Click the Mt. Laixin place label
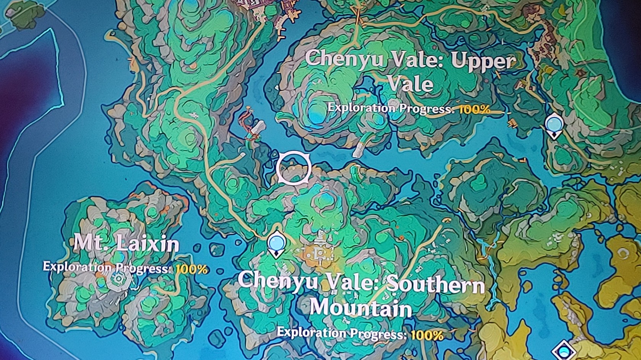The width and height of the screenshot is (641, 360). pos(126,243)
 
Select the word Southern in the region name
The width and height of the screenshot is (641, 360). pos(435,284)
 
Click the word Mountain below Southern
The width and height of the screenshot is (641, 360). pos(361,307)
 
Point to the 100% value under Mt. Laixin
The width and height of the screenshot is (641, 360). pos(192,269)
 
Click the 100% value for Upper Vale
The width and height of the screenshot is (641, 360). pos(474,109)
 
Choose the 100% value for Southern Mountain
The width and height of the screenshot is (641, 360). pos(427,335)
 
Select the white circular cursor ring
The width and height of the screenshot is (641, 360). pos(293,168)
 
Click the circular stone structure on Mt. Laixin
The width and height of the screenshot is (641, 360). pos(119,280)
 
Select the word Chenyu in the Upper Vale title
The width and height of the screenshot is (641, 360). pos(343,59)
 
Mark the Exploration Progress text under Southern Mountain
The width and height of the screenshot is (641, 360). pos(341,333)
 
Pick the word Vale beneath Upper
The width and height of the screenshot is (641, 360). pos(411,84)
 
